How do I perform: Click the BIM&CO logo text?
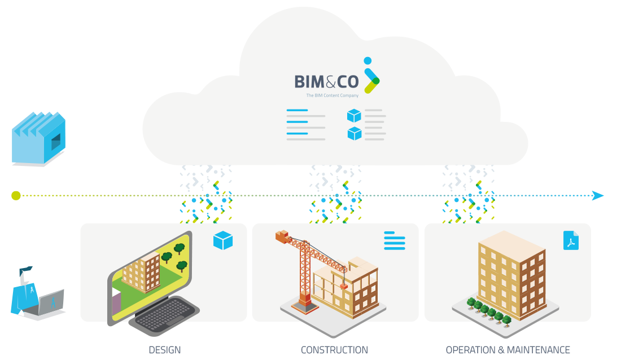(x=326, y=82)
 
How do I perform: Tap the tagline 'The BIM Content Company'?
(x=332, y=96)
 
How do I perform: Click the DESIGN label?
(x=165, y=350)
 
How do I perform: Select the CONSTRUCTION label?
(x=334, y=350)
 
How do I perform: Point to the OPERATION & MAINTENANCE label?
(x=508, y=350)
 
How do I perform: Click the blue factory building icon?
(x=39, y=139)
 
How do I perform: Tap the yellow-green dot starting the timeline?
(x=16, y=196)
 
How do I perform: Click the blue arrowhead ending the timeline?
(x=598, y=196)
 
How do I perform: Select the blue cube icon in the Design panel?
(x=223, y=241)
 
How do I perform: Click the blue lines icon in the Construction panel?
(x=395, y=240)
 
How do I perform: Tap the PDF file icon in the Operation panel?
(x=571, y=241)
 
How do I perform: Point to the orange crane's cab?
(x=282, y=237)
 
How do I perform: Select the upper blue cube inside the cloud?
(x=354, y=116)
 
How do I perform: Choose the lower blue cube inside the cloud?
(x=354, y=134)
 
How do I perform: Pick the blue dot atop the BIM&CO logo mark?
(x=368, y=60)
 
